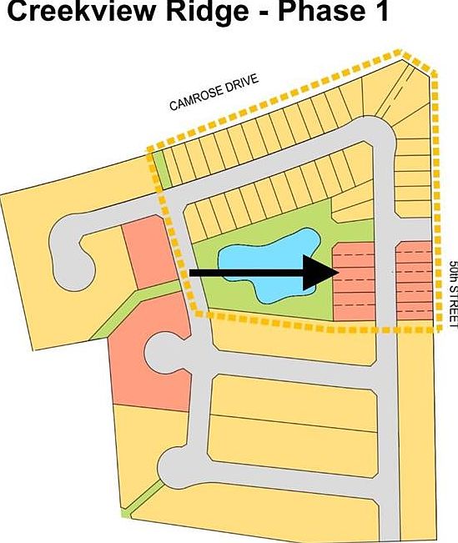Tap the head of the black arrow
point(339,273)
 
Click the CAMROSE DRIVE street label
point(214,92)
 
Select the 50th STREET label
point(453,294)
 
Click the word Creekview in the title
point(81,11)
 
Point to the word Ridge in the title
point(207,11)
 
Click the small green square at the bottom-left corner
point(126,512)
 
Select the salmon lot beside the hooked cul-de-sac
point(149,252)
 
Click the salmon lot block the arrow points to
point(354,282)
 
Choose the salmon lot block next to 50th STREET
point(415,280)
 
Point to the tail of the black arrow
point(190,273)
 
